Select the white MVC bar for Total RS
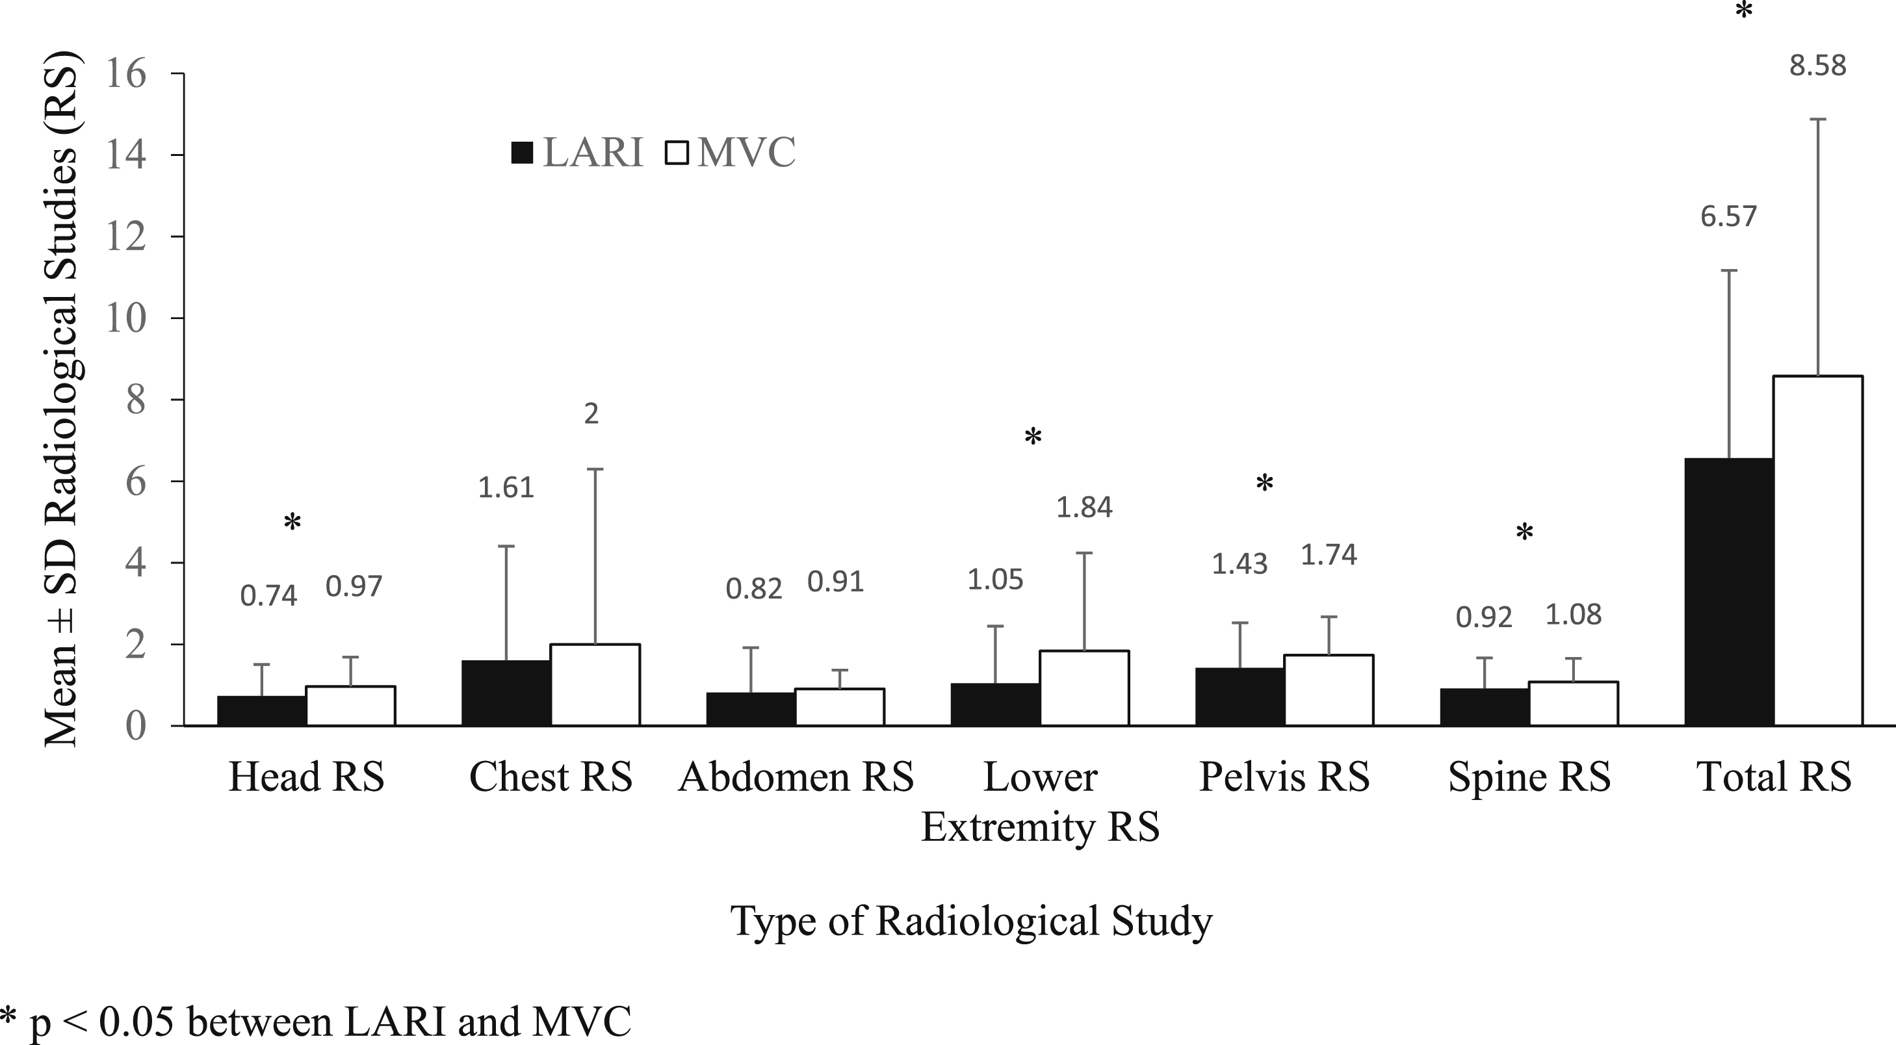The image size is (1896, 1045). tap(1818, 550)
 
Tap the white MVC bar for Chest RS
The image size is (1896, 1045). tap(595, 685)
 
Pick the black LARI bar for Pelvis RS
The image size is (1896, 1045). tap(1240, 697)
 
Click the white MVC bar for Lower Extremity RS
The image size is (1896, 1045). tap(1084, 688)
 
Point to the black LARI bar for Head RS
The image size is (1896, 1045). tap(262, 711)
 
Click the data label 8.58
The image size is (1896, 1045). tap(1818, 66)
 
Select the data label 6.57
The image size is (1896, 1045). tap(1728, 216)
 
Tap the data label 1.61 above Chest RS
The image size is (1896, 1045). tap(506, 487)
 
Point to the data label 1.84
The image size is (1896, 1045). tap(1084, 507)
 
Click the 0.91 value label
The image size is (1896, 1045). tap(835, 582)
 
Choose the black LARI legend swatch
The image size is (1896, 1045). tap(522, 153)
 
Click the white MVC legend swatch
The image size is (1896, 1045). tap(677, 153)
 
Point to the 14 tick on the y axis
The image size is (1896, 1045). tap(126, 155)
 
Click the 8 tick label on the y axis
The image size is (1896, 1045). tap(136, 400)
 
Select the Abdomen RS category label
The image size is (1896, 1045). tap(796, 777)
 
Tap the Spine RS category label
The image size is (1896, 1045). tap(1529, 777)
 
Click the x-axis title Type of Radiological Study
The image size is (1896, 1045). tap(971, 921)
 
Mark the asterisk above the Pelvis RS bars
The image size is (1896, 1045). tap(1264, 483)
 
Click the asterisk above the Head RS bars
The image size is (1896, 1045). tap(292, 522)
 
